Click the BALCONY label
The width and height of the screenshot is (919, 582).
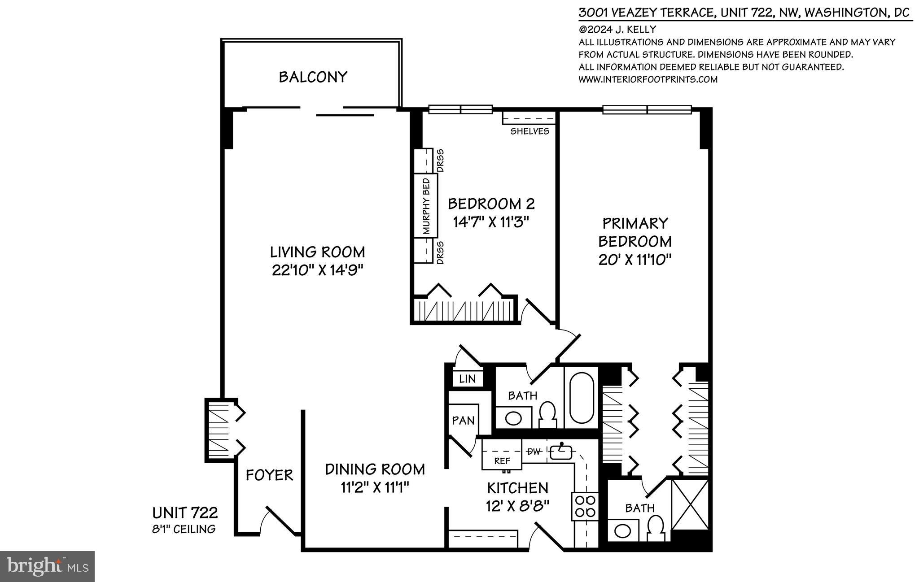click(313, 77)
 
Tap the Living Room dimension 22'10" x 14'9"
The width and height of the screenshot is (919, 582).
click(317, 270)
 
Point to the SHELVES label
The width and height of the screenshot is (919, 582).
click(530, 131)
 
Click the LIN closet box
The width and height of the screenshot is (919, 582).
click(467, 379)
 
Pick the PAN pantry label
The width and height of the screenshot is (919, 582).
click(463, 421)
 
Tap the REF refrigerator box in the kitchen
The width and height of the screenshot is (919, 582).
click(502, 460)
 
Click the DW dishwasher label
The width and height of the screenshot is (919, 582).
click(534, 452)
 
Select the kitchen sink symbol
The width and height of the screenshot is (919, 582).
click(561, 452)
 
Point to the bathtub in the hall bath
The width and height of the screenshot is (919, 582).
click(582, 397)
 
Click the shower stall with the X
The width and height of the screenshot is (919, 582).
click(690, 504)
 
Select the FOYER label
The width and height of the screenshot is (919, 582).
click(269, 475)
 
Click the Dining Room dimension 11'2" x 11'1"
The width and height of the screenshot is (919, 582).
click(374, 487)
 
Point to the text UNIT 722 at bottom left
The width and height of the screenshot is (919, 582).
click(185, 513)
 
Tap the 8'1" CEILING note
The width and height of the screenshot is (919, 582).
click(184, 529)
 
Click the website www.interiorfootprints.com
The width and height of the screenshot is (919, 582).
click(648, 79)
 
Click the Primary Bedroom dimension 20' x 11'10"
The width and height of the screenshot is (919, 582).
click(635, 260)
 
